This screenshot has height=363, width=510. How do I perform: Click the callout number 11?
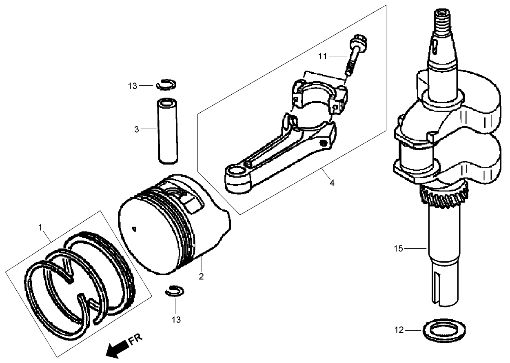click(x=323, y=56)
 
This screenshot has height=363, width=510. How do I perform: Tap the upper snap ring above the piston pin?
click(x=166, y=84)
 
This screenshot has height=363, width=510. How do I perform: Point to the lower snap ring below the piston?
click(x=175, y=291)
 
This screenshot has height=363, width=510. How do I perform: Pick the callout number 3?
click(x=137, y=129)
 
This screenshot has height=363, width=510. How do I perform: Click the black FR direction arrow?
click(x=115, y=348)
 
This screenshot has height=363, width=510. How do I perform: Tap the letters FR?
click(x=135, y=340)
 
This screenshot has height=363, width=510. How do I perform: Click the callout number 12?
click(x=399, y=330)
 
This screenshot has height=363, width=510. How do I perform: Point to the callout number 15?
click(x=399, y=248)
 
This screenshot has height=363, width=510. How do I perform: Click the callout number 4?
click(x=332, y=183)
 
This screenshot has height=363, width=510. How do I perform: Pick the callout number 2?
click(x=201, y=276)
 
